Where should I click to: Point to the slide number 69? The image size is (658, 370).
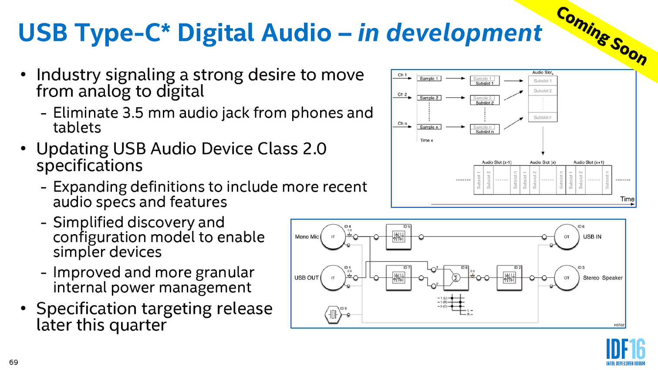click(x=13, y=362)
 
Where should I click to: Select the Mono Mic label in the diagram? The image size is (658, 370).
click(x=307, y=237)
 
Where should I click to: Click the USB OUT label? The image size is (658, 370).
click(x=306, y=278)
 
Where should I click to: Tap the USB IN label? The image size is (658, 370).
click(x=592, y=237)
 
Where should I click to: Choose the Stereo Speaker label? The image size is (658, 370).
click(x=603, y=278)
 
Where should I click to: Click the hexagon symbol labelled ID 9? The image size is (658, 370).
click(x=333, y=314)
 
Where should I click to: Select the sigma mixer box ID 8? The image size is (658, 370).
click(x=456, y=278)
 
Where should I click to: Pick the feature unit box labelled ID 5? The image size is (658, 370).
click(x=398, y=237)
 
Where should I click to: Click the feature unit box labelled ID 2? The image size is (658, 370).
click(x=509, y=278)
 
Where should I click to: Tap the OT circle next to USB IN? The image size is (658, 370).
click(x=567, y=237)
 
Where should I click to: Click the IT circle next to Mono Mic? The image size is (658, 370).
click(x=333, y=237)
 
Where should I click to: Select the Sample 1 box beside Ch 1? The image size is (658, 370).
click(x=429, y=79)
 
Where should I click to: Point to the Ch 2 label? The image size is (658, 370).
click(x=402, y=94)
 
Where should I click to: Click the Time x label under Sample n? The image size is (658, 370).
click(x=426, y=141)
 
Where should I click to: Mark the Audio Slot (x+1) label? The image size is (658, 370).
click(x=588, y=162)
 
